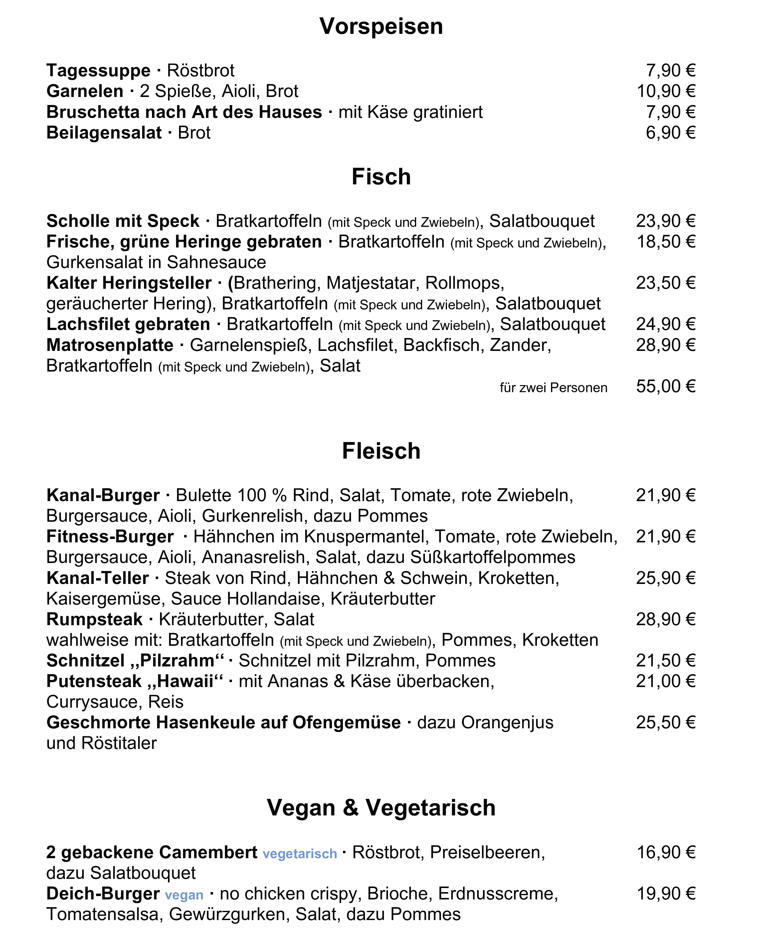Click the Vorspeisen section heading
coord(381,26)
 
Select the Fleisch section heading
coord(381,451)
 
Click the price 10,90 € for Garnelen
coord(666,91)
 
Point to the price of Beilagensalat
coord(670,132)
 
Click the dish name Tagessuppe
coord(98,70)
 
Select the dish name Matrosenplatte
coord(110,345)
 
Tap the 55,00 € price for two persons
coord(665,386)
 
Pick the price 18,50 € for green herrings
coord(665,241)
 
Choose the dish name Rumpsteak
coord(94,619)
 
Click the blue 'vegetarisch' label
coord(300,854)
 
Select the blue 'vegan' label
coord(184,895)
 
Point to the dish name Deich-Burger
coord(103,894)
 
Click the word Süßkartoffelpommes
coord(493,557)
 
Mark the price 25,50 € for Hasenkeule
coord(665,723)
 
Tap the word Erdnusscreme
coord(497,894)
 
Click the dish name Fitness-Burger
coord(110,537)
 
